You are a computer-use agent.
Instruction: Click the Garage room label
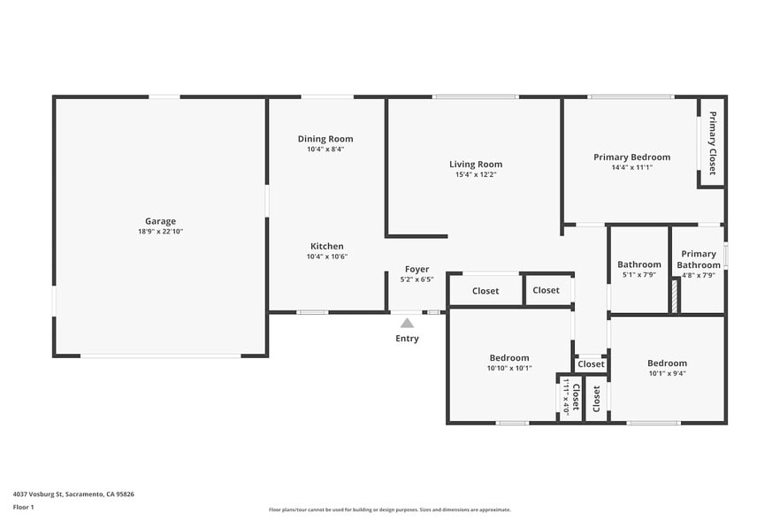pos(160,221)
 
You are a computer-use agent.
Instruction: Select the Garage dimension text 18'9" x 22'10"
pos(160,232)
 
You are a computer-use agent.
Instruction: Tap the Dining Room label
pos(325,139)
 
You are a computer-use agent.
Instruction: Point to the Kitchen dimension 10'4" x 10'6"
pos(327,256)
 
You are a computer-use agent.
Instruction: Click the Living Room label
pos(476,164)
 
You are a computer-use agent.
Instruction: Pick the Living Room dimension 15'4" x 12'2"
pos(476,175)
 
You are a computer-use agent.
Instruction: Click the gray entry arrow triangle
pos(407,324)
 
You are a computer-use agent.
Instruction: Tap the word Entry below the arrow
pos(407,339)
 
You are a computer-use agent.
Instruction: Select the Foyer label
pos(417,269)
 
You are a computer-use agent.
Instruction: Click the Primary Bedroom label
pos(631,157)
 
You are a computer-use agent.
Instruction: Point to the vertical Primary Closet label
pos(713,142)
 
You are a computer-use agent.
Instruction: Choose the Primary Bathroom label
pos(699,259)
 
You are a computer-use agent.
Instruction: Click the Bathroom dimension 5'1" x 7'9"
pos(639,275)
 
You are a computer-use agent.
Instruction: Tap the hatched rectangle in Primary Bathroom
pos(675,296)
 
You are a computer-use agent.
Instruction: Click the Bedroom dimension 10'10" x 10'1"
pos(509,368)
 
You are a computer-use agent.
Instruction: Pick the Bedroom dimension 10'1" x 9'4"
pos(667,374)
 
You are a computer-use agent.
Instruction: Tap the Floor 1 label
pos(23,508)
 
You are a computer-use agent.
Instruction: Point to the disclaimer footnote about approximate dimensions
pos(389,509)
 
